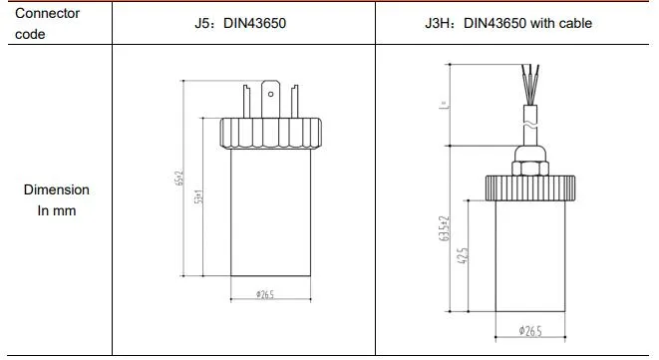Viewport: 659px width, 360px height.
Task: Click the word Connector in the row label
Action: click(47, 14)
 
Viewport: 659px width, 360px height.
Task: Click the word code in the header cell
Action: click(31, 34)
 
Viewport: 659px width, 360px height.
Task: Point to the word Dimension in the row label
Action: click(57, 189)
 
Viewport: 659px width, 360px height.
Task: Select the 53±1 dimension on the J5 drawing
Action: click(199, 196)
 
